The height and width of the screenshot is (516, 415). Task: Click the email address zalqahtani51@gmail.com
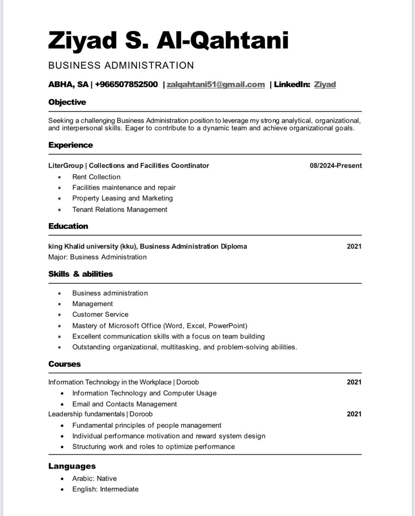pyautogui.click(x=216, y=84)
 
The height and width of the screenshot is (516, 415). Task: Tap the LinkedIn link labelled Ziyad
pyautogui.click(x=325, y=84)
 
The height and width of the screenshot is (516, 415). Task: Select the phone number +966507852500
pyautogui.click(x=126, y=84)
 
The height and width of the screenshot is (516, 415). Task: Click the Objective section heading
pyautogui.click(x=67, y=102)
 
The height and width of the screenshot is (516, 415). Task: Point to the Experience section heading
pyautogui.click(x=71, y=145)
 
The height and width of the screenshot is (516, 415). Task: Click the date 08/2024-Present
pyautogui.click(x=336, y=166)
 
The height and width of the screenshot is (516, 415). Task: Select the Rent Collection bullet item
pyautogui.click(x=96, y=177)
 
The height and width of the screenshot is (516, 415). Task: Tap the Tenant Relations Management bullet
pyautogui.click(x=120, y=209)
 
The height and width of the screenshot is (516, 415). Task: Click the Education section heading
pyautogui.click(x=68, y=226)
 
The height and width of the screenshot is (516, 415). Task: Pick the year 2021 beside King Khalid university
pyautogui.click(x=354, y=246)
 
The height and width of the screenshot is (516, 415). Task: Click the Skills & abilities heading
pyautogui.click(x=81, y=274)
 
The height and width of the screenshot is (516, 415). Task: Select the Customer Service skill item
pyautogui.click(x=100, y=314)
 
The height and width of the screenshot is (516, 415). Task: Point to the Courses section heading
pyautogui.click(x=65, y=364)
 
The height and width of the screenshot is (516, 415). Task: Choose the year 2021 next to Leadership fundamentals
pyautogui.click(x=354, y=414)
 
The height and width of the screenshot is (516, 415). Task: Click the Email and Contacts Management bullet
pyautogui.click(x=124, y=404)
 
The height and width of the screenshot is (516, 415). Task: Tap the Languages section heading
pyautogui.click(x=72, y=466)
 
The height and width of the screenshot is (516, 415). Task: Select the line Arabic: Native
pyautogui.click(x=94, y=478)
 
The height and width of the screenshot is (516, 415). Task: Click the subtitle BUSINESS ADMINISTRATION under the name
pyautogui.click(x=121, y=65)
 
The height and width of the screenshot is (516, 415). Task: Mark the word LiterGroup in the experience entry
pyautogui.click(x=66, y=166)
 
